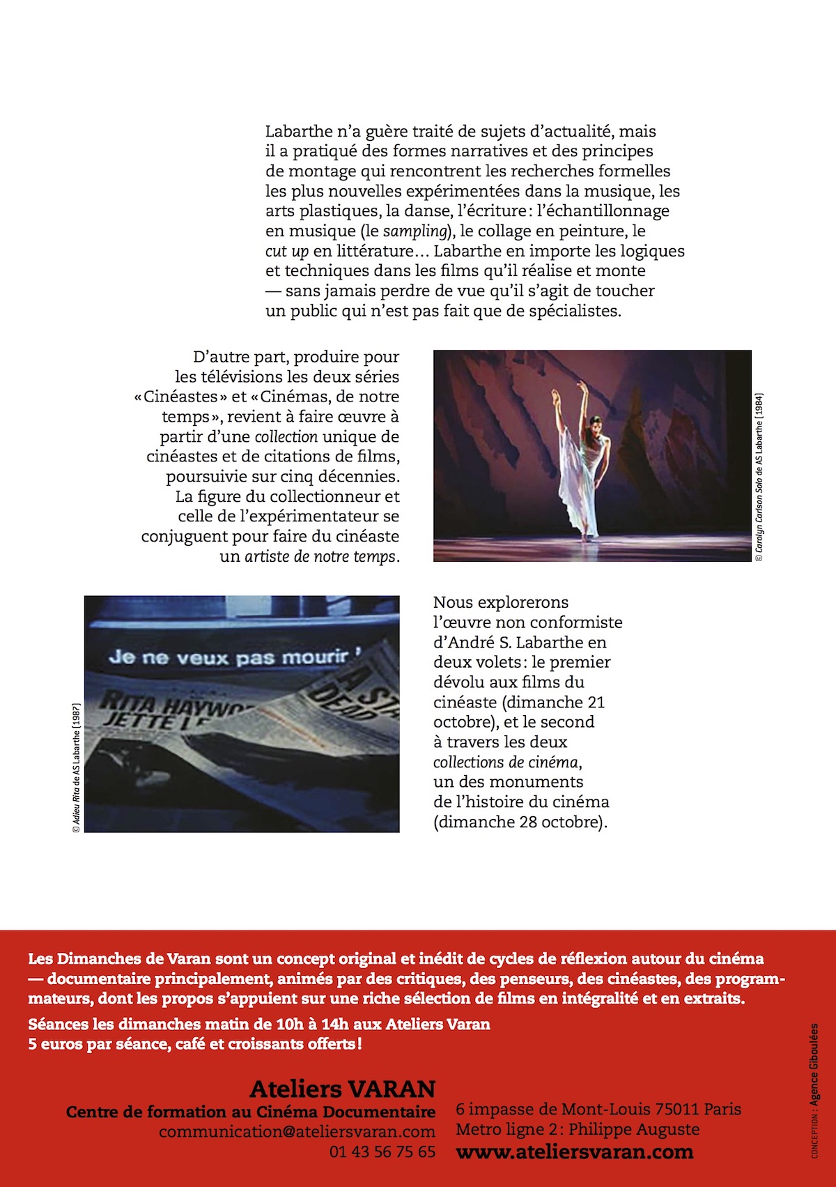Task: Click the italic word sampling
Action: click(x=415, y=231)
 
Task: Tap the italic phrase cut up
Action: click(x=286, y=252)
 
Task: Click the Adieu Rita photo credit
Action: click(x=76, y=767)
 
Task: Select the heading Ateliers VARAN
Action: click(x=342, y=1089)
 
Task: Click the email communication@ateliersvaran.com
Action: click(x=297, y=1131)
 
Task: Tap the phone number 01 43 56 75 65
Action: click(x=382, y=1151)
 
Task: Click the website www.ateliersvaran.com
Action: click(x=574, y=1151)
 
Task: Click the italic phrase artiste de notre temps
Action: click(x=320, y=557)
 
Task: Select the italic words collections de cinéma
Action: click(x=506, y=762)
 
